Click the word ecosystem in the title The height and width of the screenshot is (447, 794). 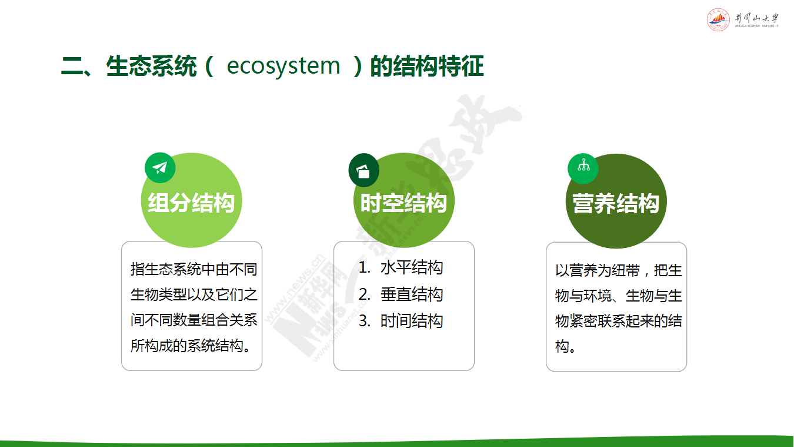click(283, 67)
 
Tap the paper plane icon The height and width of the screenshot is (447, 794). click(159, 168)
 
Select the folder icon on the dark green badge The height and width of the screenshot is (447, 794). click(363, 171)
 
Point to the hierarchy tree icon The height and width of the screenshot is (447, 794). click(583, 165)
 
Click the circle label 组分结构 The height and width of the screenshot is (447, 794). click(191, 203)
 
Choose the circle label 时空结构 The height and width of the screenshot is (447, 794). click(403, 203)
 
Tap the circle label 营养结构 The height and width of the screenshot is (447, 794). click(616, 204)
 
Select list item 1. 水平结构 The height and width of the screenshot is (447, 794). click(401, 267)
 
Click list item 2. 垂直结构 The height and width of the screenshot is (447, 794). click(401, 294)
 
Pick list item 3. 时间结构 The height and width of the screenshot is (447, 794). click(401, 321)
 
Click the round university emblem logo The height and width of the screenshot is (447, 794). click(718, 19)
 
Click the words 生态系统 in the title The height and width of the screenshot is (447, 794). click(151, 67)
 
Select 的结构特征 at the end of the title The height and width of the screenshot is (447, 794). click(427, 67)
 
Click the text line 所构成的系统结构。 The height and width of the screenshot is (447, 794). click(191, 346)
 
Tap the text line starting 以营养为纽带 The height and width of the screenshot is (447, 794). click(619, 270)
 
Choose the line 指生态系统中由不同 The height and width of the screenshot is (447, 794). click(194, 269)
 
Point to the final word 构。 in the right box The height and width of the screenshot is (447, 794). click(565, 346)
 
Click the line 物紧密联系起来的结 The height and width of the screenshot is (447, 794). click(619, 322)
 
